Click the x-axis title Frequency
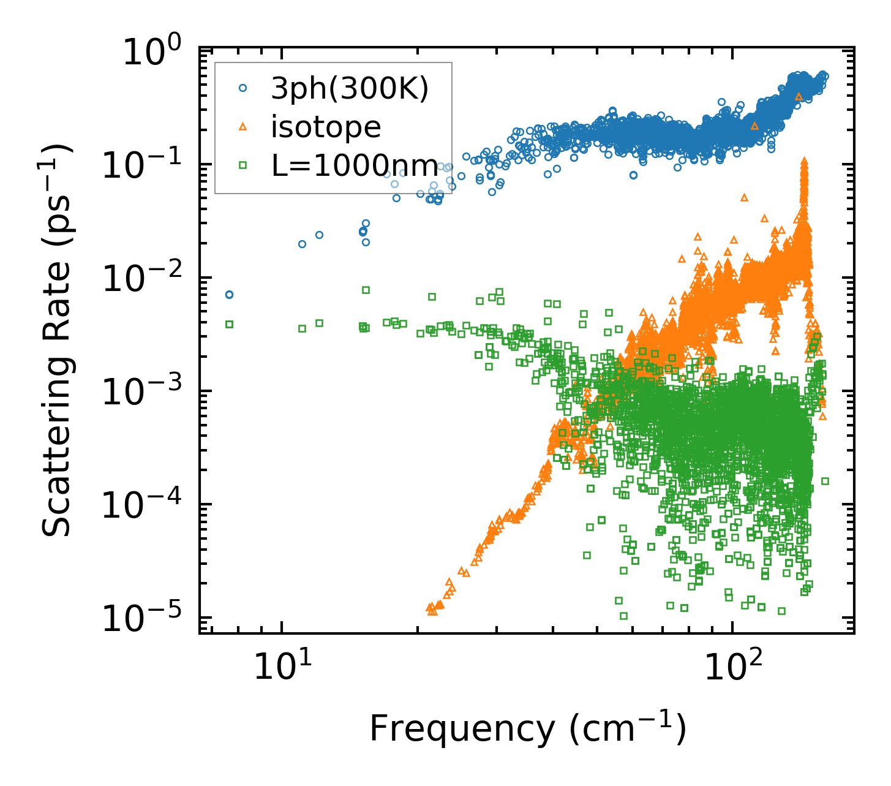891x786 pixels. click(x=527, y=729)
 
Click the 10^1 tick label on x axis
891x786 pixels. click(x=280, y=667)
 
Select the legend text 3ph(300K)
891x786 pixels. click(x=350, y=89)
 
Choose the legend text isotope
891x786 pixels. click(x=326, y=127)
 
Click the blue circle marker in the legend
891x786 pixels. click(x=242, y=88)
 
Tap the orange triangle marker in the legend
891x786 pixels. click(x=242, y=127)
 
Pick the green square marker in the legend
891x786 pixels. click(x=242, y=165)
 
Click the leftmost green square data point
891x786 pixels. click(x=230, y=324)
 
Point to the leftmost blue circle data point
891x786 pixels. click(x=229, y=295)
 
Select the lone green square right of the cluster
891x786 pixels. click(x=825, y=481)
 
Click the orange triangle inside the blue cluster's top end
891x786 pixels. click(x=799, y=96)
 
